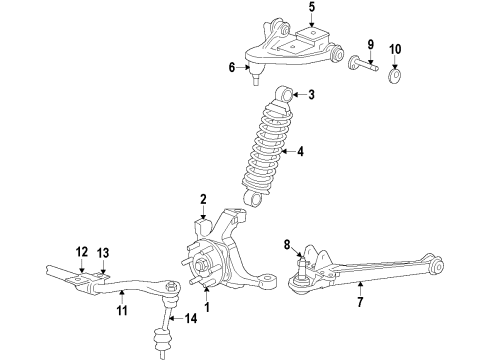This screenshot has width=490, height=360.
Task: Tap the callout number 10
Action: (393, 48)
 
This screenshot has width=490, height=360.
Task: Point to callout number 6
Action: (231, 68)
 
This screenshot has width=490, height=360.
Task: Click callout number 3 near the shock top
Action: (311, 96)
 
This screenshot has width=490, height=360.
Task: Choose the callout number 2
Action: (202, 199)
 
